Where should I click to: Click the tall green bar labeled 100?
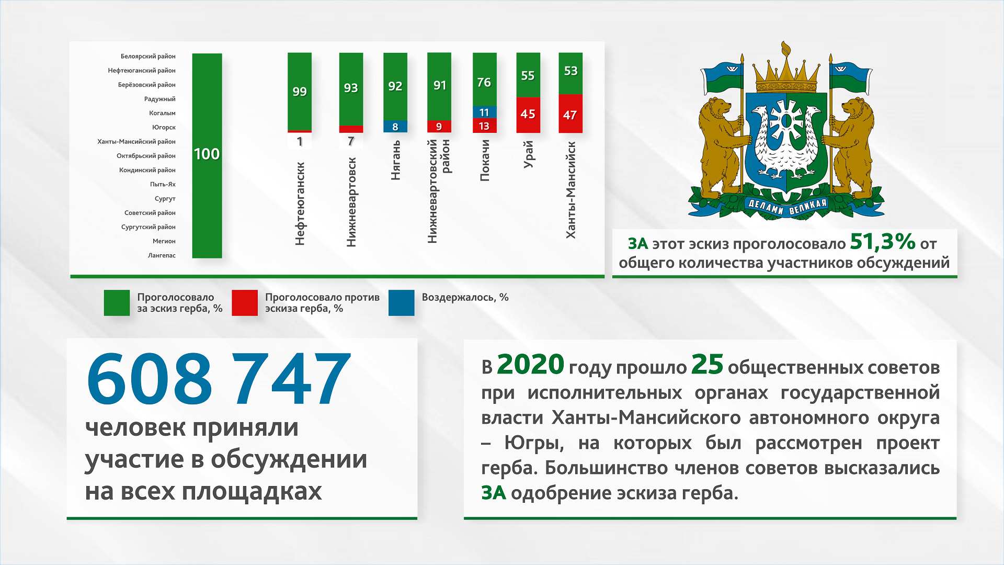coord(207,155)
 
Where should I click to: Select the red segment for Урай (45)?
coord(528,115)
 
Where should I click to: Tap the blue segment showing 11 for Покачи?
coord(484,112)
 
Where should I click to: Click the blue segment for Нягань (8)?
coord(395,127)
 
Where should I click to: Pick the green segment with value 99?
coord(300,92)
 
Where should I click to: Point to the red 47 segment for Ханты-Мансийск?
coord(571,114)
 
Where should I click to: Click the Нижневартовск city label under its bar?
coord(351,202)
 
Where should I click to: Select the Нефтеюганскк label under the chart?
coord(300,204)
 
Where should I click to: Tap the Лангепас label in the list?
coord(162,255)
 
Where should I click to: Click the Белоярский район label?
coord(148,56)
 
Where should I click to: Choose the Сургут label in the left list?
coord(165,199)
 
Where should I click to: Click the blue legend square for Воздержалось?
coord(402,303)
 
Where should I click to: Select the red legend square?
coord(245,303)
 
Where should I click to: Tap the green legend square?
coord(117,303)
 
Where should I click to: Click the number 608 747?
coord(219,379)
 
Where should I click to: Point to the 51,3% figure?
coord(883,242)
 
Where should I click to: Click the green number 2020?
coord(530,365)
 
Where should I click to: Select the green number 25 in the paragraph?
coord(707,365)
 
